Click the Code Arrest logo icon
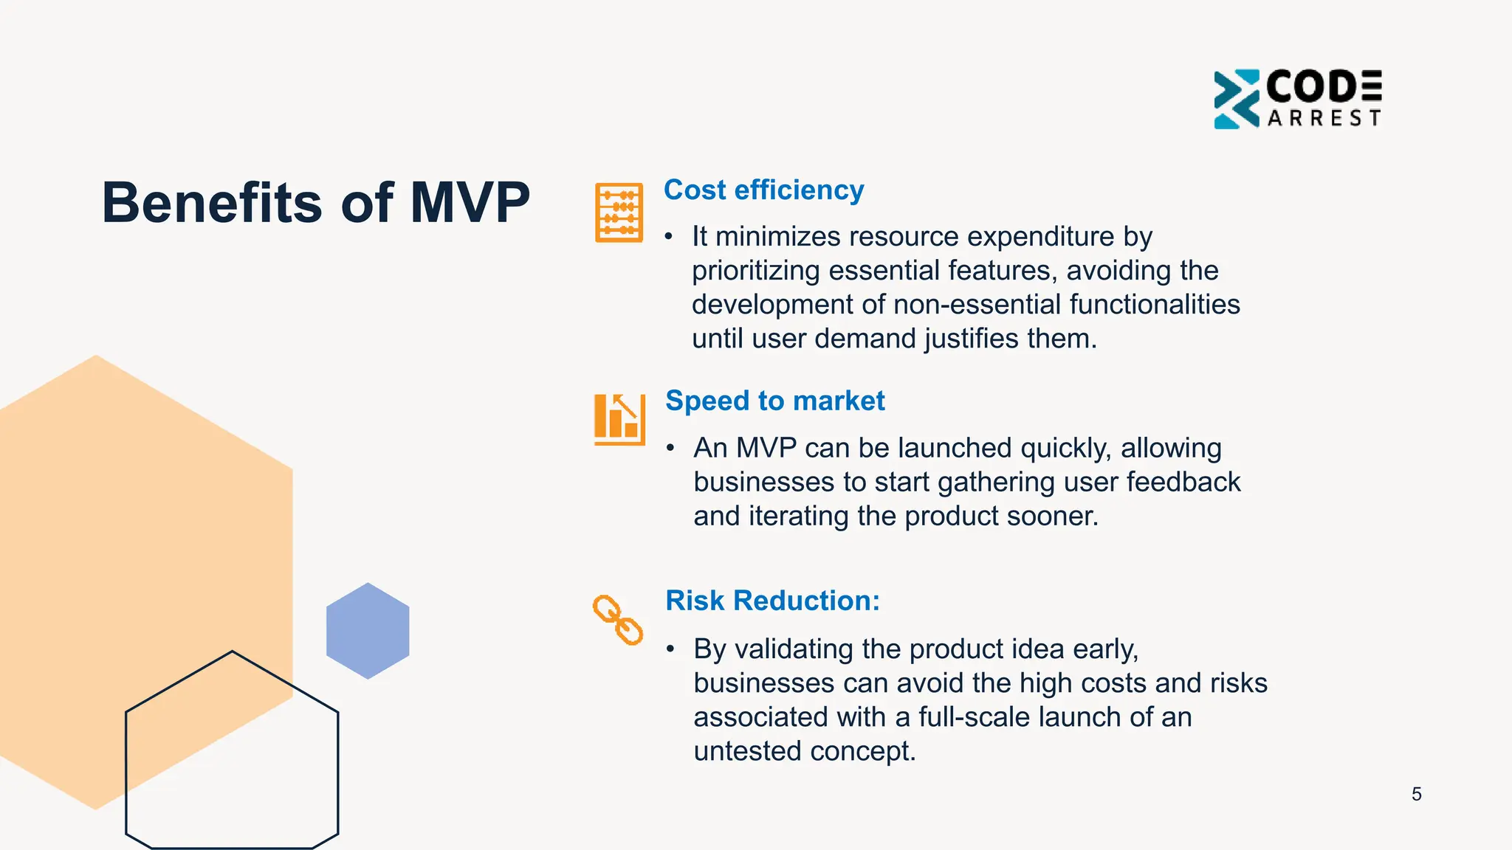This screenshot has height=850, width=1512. pos(1236,99)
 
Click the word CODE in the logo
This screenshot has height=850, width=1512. pos(1323,87)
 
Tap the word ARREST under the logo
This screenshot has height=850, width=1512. pos(1324,118)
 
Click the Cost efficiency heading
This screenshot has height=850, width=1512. pos(763,190)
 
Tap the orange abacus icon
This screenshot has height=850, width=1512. pos(619,212)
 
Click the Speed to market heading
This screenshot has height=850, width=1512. pos(774,401)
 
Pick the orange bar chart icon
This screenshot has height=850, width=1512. pos(619,419)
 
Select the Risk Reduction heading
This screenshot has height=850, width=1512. pos(772,601)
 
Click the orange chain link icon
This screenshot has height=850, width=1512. pos(617,620)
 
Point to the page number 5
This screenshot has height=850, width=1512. pos(1416,794)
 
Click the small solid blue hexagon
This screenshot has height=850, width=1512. pos(368,631)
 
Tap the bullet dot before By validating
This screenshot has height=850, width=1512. pos(670,649)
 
